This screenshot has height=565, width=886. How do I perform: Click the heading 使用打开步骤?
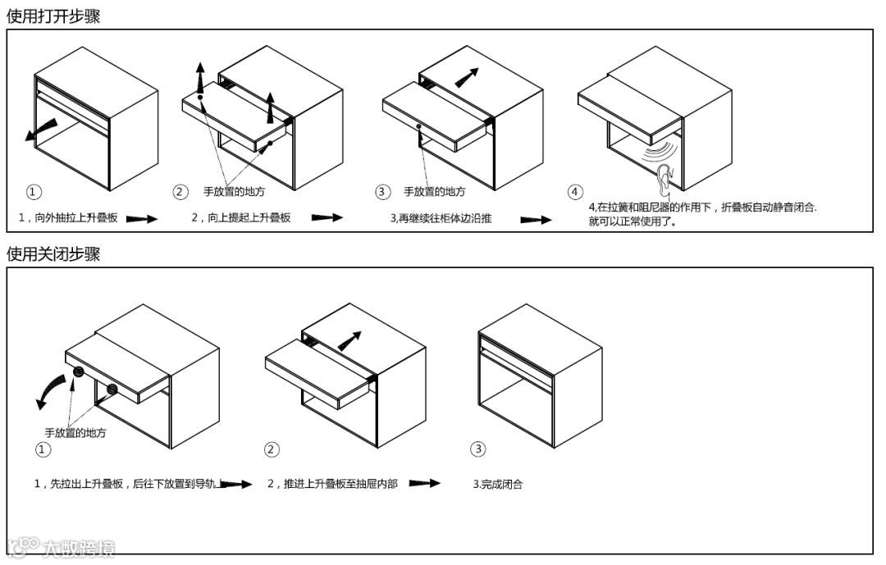pyautogui.click(x=53, y=16)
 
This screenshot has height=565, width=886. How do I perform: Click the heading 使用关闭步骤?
pyautogui.click(x=53, y=254)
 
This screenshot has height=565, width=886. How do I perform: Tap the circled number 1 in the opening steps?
pyautogui.click(x=34, y=192)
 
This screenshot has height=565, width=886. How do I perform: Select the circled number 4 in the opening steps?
pyautogui.click(x=575, y=192)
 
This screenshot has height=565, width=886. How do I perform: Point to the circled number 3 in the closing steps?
pyautogui.click(x=478, y=449)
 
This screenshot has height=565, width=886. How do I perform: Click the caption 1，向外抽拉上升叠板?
pyautogui.click(x=68, y=218)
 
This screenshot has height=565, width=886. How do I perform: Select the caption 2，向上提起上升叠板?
pyautogui.click(x=241, y=218)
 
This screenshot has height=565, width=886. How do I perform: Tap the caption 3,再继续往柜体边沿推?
pyautogui.click(x=441, y=218)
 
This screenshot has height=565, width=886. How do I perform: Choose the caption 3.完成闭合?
pyautogui.click(x=498, y=484)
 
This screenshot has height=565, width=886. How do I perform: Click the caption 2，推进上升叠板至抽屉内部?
pyautogui.click(x=332, y=484)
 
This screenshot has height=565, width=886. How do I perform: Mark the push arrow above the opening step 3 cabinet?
pyautogui.click(x=465, y=77)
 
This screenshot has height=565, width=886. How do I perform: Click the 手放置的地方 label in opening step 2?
pyautogui.click(x=235, y=192)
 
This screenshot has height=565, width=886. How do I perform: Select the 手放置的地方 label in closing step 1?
pyautogui.click(x=75, y=432)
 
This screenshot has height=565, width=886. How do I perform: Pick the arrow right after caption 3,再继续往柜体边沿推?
pyautogui.click(x=536, y=220)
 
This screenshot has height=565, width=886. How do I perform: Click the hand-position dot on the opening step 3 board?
pyautogui.click(x=419, y=126)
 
